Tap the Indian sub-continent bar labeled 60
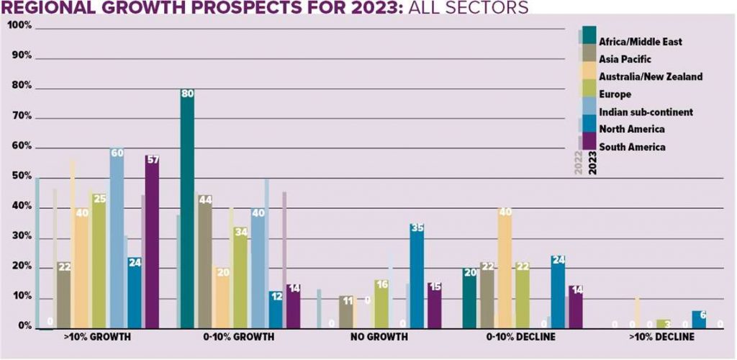click(x=117, y=238)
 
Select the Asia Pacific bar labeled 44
click(x=204, y=262)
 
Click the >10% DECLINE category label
click(x=661, y=337)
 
